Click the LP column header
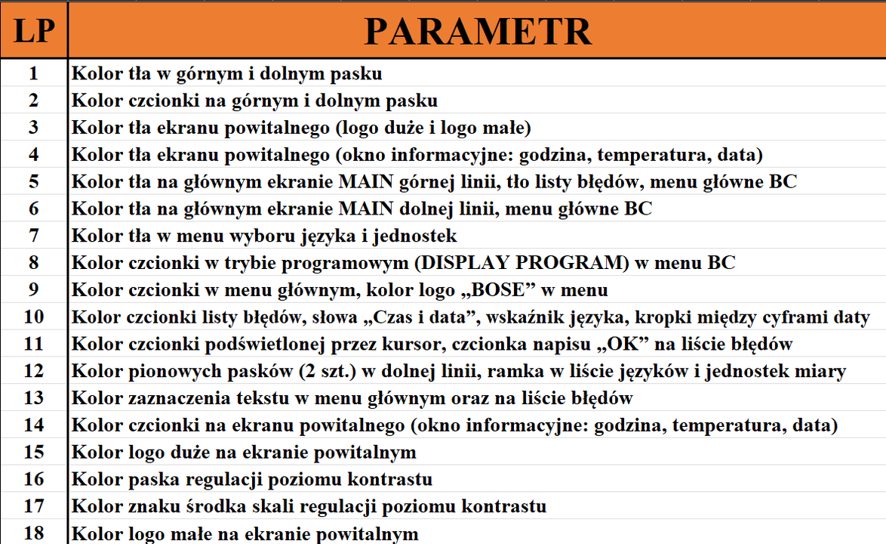[x=34, y=31]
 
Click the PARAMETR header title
[x=478, y=31]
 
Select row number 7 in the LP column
[x=34, y=235]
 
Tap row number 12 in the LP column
[x=34, y=370]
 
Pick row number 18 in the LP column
[x=34, y=533]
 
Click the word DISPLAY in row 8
[x=464, y=262]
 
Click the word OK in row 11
[x=623, y=343]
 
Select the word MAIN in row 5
[x=365, y=181]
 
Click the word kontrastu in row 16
[x=390, y=479]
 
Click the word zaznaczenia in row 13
[x=179, y=398]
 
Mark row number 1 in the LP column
[x=34, y=73]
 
